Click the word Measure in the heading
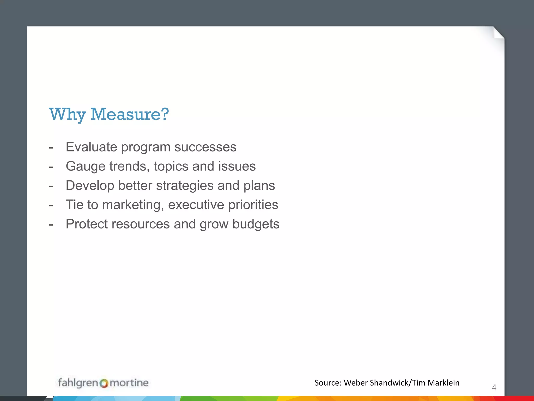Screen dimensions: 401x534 point(130,114)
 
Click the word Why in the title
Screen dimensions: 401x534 point(67,115)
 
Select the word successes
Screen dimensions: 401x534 point(205,147)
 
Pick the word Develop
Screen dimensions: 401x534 point(90,186)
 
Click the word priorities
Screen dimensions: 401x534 point(253,205)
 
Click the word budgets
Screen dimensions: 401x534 point(256,224)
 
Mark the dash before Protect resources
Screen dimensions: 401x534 point(51,224)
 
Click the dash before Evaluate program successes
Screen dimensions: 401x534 point(51,147)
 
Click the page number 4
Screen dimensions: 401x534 point(494,387)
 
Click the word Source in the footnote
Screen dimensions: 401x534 point(327,383)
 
